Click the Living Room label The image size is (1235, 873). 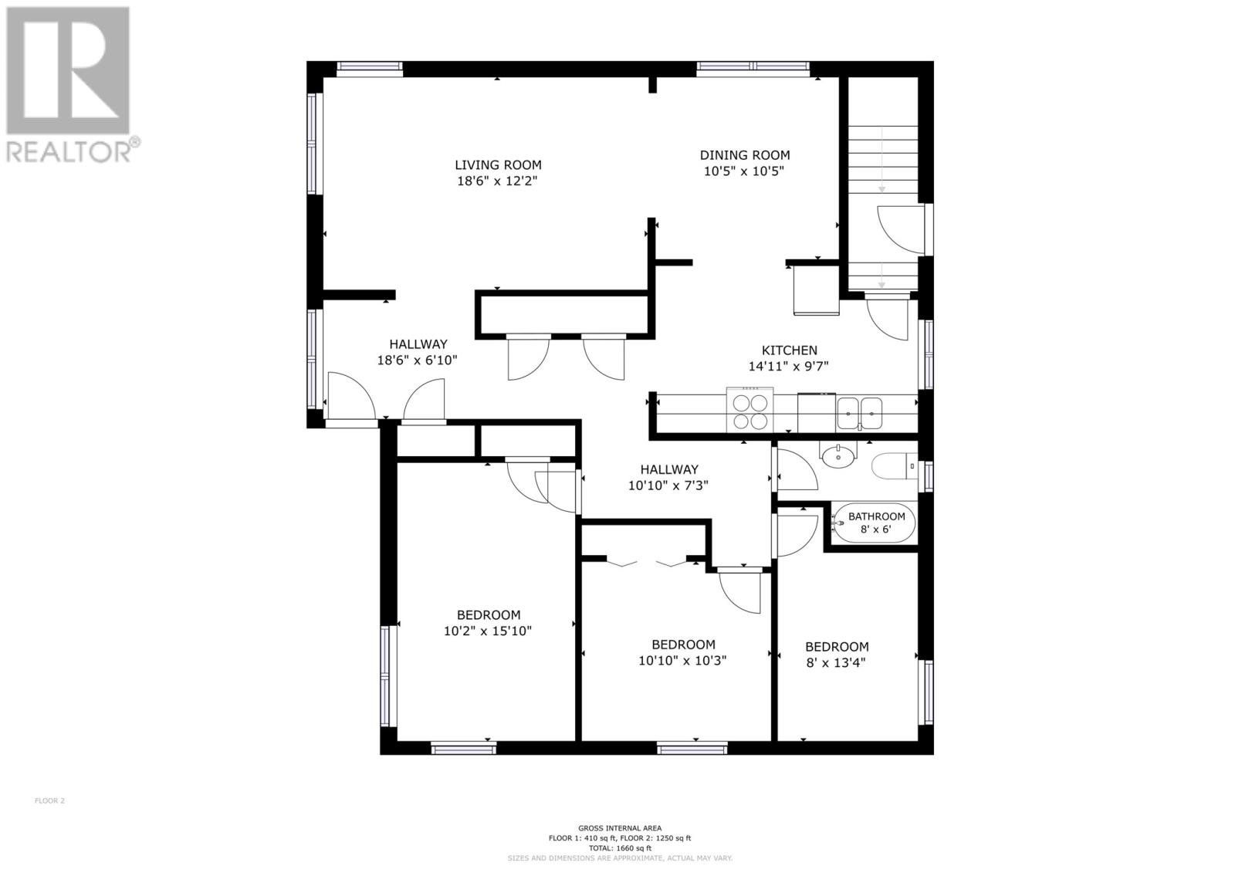pyautogui.click(x=498, y=164)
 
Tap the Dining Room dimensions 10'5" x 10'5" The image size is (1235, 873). pyautogui.click(x=743, y=171)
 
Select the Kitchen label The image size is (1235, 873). pyautogui.click(x=789, y=350)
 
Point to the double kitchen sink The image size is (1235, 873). pyautogui.click(x=860, y=412)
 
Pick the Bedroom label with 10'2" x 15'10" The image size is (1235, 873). pyautogui.click(x=488, y=615)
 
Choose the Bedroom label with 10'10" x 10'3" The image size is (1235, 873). pyautogui.click(x=683, y=645)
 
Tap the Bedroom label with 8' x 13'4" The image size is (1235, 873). pyautogui.click(x=837, y=647)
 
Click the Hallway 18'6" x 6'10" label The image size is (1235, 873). pyautogui.click(x=418, y=344)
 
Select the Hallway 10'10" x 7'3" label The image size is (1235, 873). pyautogui.click(x=668, y=469)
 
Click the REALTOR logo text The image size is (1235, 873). pyautogui.click(x=70, y=151)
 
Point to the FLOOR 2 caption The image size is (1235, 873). pyautogui.click(x=49, y=800)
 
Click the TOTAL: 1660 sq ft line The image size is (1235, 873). pyautogui.click(x=619, y=848)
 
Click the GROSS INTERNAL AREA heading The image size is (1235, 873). pyautogui.click(x=619, y=828)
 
